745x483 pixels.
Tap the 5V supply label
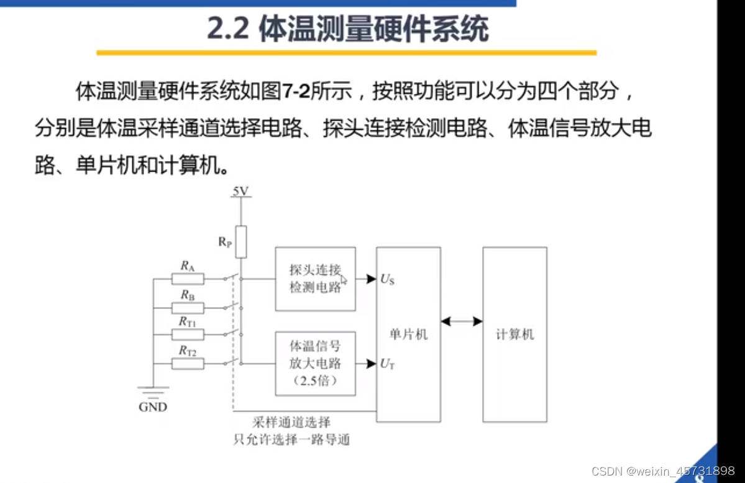[x=240, y=191]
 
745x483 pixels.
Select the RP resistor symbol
[x=240, y=242]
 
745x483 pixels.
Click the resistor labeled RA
[x=188, y=279]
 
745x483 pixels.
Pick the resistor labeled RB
[x=188, y=308]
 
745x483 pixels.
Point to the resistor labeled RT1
[x=188, y=335]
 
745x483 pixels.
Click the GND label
[x=153, y=407]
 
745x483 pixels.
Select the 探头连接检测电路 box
[x=316, y=279]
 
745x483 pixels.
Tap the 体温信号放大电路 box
[x=316, y=364]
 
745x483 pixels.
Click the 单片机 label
[x=408, y=334]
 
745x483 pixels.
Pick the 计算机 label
[x=514, y=334]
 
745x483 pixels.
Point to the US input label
[x=388, y=280]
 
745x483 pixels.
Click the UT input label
[x=387, y=364]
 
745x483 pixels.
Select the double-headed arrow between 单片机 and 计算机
[x=461, y=321]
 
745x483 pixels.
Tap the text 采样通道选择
[x=291, y=423]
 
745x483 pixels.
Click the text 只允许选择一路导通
[x=291, y=440]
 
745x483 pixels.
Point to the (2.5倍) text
[x=316, y=381]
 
